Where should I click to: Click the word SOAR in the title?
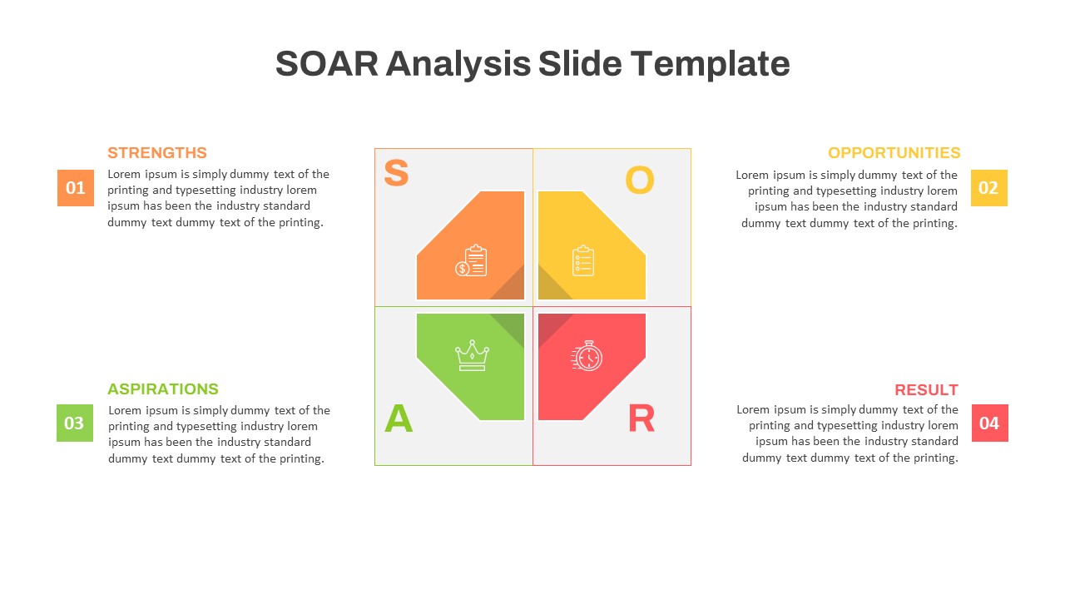point(327,64)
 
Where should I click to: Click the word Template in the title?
point(710,65)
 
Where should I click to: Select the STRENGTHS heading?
point(157,152)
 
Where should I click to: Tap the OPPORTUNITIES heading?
point(894,152)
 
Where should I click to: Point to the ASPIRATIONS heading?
point(162,389)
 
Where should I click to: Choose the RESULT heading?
point(926,390)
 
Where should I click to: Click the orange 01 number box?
point(76,188)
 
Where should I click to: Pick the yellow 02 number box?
point(989,188)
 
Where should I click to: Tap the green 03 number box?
point(75,423)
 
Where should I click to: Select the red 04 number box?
point(990,423)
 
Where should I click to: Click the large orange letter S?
point(396,172)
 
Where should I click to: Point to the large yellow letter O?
point(640,181)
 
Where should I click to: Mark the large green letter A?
point(399,418)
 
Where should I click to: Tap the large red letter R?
point(641,418)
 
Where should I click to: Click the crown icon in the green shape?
point(472,355)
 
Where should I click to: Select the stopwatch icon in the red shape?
point(587,355)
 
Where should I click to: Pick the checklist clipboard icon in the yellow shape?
point(583,260)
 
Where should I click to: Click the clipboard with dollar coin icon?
point(471,260)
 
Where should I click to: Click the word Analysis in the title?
point(458,66)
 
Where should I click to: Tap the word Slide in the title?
point(580,64)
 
